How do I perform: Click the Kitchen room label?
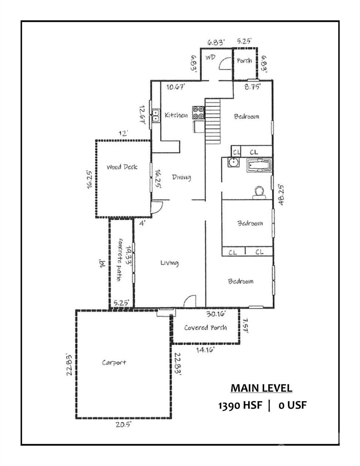pyautogui.click(x=176, y=115)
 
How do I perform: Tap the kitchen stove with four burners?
pyautogui.click(x=198, y=113)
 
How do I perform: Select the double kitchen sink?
pyautogui.click(x=155, y=115)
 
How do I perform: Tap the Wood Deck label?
pyautogui.click(x=122, y=167)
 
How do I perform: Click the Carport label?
pyautogui.click(x=114, y=363)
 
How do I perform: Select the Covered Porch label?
pyautogui.click(x=205, y=327)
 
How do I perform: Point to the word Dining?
pyautogui.click(x=181, y=177)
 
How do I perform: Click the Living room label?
pyautogui.click(x=169, y=263)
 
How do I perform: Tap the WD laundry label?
pyautogui.click(x=210, y=57)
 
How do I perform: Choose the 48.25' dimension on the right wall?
pyautogui.click(x=281, y=194)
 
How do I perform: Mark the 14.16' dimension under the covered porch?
pyautogui.click(x=205, y=350)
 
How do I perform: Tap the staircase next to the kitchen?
pyautogui.click(x=213, y=121)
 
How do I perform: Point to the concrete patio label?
pyautogui.click(x=119, y=260)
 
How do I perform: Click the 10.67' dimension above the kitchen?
pyautogui.click(x=176, y=87)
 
